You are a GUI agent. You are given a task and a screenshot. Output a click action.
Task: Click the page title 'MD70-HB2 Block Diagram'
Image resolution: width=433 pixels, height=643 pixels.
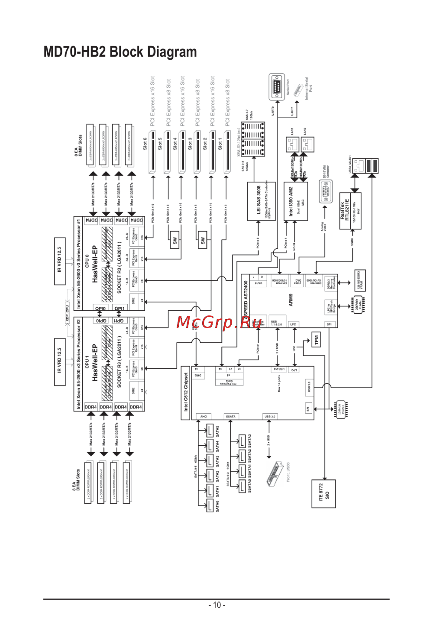tap(120, 52)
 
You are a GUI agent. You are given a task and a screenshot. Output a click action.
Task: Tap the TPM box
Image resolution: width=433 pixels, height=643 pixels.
tap(317, 340)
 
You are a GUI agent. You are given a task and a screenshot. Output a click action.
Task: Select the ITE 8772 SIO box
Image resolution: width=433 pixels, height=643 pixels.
tap(323, 493)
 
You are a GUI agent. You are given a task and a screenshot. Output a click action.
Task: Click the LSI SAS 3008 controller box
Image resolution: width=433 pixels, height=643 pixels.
tap(259, 201)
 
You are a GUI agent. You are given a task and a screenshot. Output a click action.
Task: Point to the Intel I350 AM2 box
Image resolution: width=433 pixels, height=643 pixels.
tap(296, 201)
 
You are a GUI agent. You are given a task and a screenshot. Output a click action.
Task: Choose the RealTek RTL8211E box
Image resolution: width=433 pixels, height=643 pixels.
tap(350, 210)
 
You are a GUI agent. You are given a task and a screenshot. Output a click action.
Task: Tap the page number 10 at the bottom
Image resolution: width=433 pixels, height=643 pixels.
tap(216, 605)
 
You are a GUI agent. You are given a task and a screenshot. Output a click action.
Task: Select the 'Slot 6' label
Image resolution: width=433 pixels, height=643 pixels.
tap(145, 143)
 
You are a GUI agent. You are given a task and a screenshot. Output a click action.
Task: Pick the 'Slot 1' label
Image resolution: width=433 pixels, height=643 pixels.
tap(220, 143)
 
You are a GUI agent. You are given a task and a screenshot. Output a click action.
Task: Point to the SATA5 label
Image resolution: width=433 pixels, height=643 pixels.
tap(217, 431)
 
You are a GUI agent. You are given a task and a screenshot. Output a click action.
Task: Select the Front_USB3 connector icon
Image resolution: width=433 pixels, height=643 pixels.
tap(275, 473)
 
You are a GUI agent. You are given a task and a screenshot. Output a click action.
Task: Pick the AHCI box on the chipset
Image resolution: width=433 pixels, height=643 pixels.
tap(204, 416)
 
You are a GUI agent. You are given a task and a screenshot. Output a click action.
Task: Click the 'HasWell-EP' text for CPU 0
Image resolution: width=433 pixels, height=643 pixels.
tap(95, 264)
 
